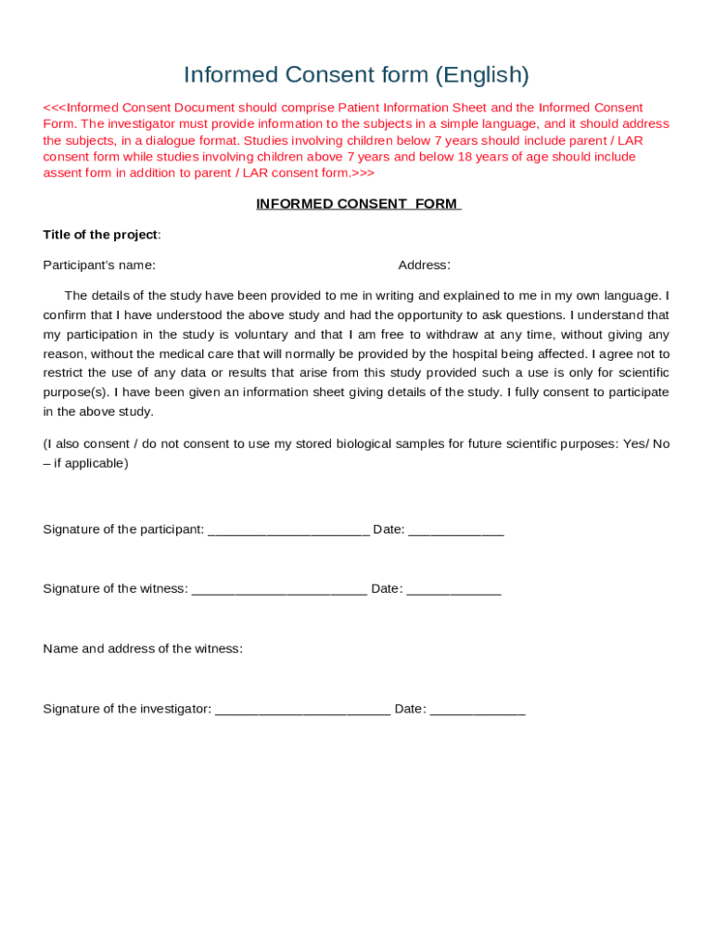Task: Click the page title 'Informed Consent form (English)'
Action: [x=356, y=74]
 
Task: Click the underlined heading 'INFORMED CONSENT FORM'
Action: [x=358, y=204]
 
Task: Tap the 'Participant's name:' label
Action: [x=99, y=265]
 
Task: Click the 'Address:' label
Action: [x=424, y=265]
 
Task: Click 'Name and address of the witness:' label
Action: [x=143, y=649]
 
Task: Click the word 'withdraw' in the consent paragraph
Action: [x=444, y=335]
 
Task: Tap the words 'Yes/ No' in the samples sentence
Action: [x=645, y=444]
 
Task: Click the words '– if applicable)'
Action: [x=85, y=463]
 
